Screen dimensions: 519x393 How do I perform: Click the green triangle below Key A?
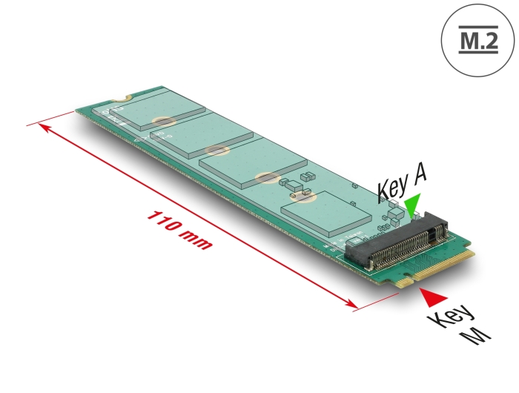(x=412, y=206)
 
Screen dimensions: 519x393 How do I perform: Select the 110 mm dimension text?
(x=179, y=230)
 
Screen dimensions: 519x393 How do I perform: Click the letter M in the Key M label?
(x=475, y=337)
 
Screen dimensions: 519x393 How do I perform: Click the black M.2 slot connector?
(x=396, y=240)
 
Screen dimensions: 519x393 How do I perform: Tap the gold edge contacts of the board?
(x=436, y=268)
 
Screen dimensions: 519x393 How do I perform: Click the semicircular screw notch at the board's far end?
(x=121, y=98)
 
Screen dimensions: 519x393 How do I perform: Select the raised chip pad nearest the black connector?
(x=326, y=213)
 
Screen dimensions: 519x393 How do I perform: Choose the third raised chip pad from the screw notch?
(x=254, y=164)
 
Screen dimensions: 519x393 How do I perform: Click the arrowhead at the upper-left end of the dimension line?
(x=44, y=128)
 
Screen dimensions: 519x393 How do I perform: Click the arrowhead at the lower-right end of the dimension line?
(x=350, y=303)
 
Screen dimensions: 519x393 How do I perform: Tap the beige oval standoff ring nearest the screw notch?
(x=164, y=121)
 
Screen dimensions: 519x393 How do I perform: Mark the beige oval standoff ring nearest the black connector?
(x=303, y=197)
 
